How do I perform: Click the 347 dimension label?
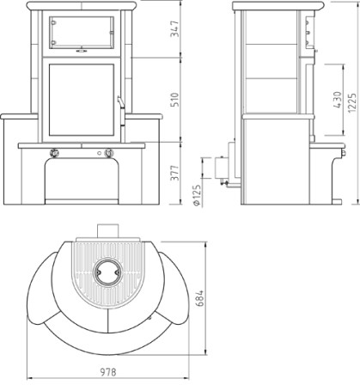tap(174, 28)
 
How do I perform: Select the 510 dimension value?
tap(174, 100)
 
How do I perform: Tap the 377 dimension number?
tap(174, 173)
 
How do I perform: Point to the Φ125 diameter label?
tap(197, 195)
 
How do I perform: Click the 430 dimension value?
tap(338, 100)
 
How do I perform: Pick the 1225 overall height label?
tap(352, 102)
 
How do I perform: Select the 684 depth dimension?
tap(200, 298)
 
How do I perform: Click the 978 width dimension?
tap(108, 372)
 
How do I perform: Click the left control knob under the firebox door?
tap(54, 153)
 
